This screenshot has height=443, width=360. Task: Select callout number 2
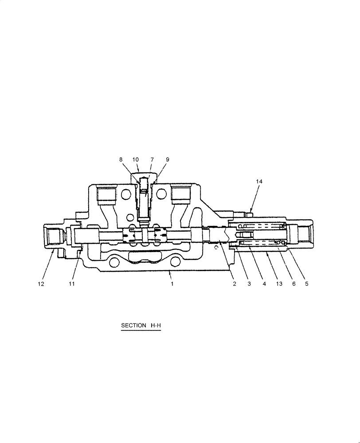pos(235,284)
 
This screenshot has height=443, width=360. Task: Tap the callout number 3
pos(249,284)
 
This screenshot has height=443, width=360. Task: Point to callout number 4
pos(264,284)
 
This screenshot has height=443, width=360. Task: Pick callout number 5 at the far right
pos(306,284)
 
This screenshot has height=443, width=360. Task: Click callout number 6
pos(293,284)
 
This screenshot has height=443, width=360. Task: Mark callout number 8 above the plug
pos(121,159)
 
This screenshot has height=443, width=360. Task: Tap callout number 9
pos(167,159)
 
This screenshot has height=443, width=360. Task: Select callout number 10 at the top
pos(136,159)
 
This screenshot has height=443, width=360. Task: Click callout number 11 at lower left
pos(72,284)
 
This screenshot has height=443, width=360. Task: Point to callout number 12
pos(41,284)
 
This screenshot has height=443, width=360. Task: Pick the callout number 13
pos(278,284)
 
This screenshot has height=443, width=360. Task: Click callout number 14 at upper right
pos(259,181)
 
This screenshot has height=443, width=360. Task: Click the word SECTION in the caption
pos(133,326)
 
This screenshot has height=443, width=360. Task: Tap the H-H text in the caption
pos(156,326)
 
